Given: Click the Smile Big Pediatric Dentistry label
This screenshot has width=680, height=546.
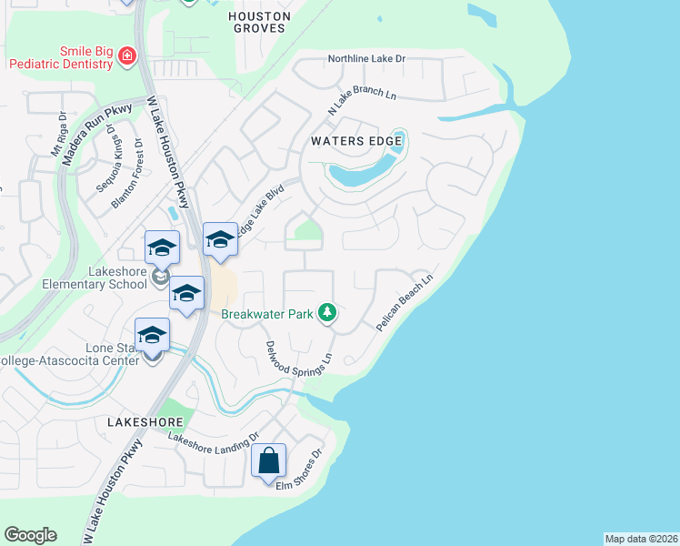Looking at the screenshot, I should [x=61, y=58].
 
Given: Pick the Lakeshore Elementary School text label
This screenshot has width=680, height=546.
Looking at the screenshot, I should [x=94, y=277].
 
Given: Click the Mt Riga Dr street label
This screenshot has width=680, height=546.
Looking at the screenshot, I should [x=59, y=136].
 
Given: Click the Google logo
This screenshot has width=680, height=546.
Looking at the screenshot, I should [x=30, y=535].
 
